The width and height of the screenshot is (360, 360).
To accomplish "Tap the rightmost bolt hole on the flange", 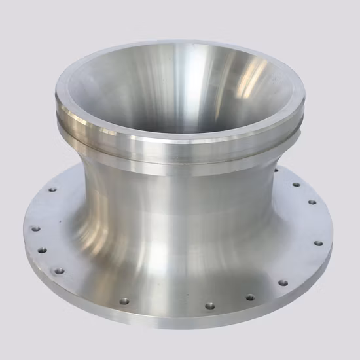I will pyautogui.click(x=319, y=243).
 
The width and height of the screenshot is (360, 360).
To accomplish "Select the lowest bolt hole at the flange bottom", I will pyautogui.click(x=209, y=306).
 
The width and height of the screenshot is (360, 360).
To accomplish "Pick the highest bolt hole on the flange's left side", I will pyautogui.click(x=52, y=190).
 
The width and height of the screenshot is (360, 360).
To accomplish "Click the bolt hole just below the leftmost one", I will pyautogui.click(x=41, y=249).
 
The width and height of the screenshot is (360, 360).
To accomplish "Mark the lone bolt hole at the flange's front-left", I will pyautogui.click(x=123, y=302).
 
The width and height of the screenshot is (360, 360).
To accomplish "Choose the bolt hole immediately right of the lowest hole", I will pyautogui.click(x=249, y=297).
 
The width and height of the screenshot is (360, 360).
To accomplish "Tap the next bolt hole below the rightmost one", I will pyautogui.click(x=283, y=283).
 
